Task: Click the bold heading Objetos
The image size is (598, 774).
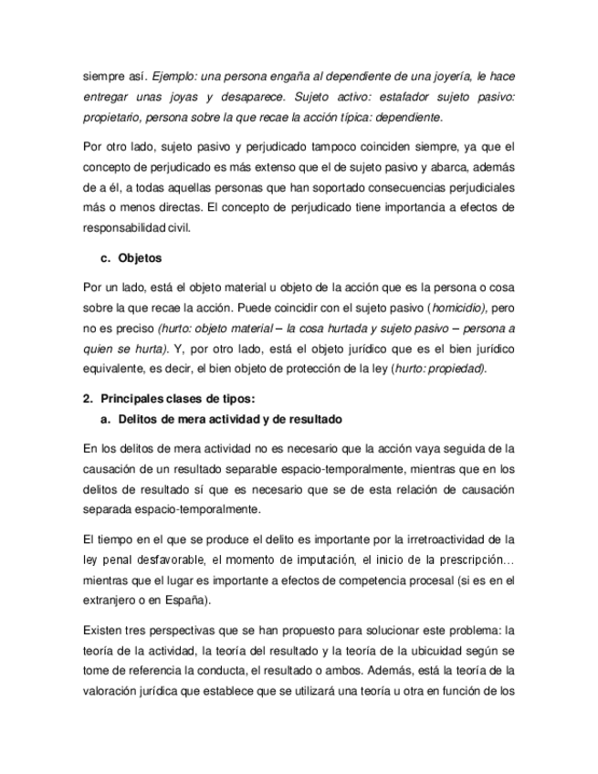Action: tap(140, 258)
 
